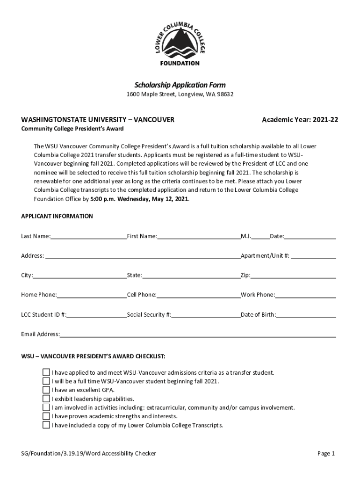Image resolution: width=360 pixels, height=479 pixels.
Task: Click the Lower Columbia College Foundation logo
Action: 180,42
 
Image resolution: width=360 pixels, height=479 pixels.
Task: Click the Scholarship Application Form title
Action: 180,85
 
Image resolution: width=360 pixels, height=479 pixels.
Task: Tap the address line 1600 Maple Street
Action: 180,94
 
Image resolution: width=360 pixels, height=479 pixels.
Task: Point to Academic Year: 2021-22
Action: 300,120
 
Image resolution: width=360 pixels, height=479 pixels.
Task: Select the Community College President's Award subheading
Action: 72,129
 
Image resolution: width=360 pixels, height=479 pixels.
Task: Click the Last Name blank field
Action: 88,236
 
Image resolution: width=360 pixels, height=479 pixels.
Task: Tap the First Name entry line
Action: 199,236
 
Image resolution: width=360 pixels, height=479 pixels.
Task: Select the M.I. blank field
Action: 260,236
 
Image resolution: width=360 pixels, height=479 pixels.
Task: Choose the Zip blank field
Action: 293,276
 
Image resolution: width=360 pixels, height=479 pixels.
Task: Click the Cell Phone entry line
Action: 198,295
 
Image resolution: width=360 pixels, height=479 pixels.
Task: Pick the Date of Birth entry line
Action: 306,315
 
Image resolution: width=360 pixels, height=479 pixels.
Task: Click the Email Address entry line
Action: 198,334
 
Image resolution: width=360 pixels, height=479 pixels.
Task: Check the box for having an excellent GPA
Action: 46,390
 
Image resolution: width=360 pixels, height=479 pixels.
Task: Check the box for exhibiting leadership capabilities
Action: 46,399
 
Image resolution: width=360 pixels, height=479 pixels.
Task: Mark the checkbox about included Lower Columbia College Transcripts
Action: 46,425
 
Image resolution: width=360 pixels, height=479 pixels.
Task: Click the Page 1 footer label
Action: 326,454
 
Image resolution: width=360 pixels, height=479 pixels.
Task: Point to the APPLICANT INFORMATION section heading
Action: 57,217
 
